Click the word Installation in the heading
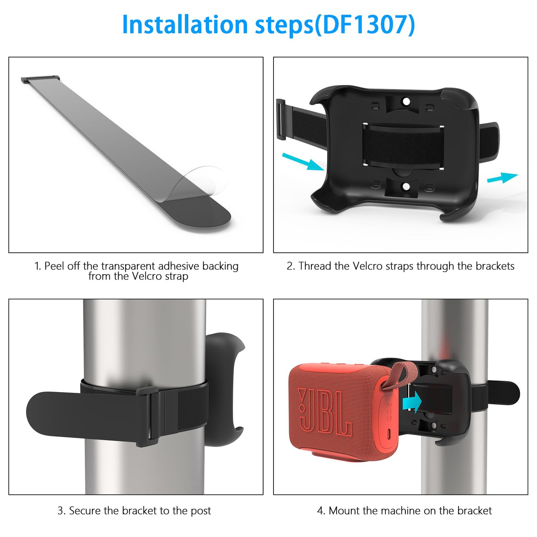point(185,25)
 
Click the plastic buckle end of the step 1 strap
point(40,79)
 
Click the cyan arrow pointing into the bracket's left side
point(303,161)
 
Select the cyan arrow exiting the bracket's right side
point(502,177)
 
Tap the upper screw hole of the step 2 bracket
point(407,101)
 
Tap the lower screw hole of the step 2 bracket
point(406,186)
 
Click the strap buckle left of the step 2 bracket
point(281,119)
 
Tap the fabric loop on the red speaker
point(401,374)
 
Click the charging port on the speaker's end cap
point(389,433)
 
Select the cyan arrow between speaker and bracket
point(412,402)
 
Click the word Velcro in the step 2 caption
point(367,266)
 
